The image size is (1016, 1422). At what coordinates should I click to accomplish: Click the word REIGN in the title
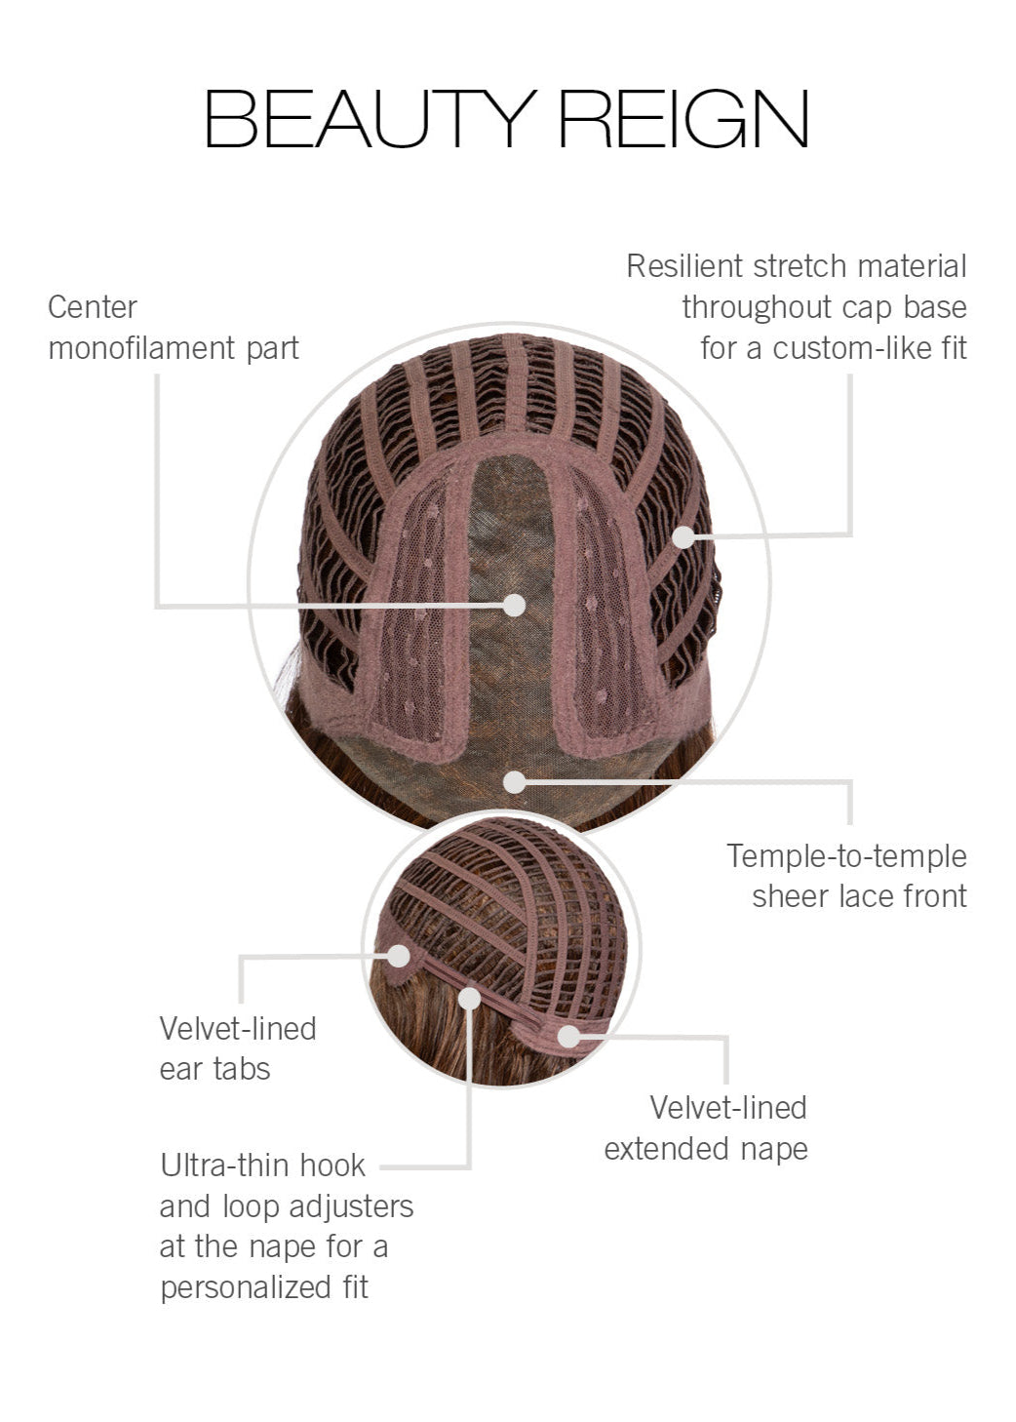click(683, 119)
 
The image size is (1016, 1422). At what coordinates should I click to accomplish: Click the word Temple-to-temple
click(846, 856)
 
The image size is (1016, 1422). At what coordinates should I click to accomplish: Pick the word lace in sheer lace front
click(858, 896)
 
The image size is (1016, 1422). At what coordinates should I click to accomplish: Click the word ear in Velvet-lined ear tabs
click(180, 1069)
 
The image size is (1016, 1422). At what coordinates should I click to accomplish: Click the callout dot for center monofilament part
click(514, 605)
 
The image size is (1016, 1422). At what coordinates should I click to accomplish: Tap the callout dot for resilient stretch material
click(684, 536)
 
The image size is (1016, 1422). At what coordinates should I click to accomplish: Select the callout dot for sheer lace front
click(514, 781)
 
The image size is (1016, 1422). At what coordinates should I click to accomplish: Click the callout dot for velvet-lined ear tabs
click(398, 956)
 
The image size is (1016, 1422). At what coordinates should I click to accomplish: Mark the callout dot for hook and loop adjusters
click(470, 998)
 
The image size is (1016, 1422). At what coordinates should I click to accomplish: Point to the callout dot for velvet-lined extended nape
click(568, 1036)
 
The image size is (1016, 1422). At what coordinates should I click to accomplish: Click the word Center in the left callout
click(93, 307)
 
